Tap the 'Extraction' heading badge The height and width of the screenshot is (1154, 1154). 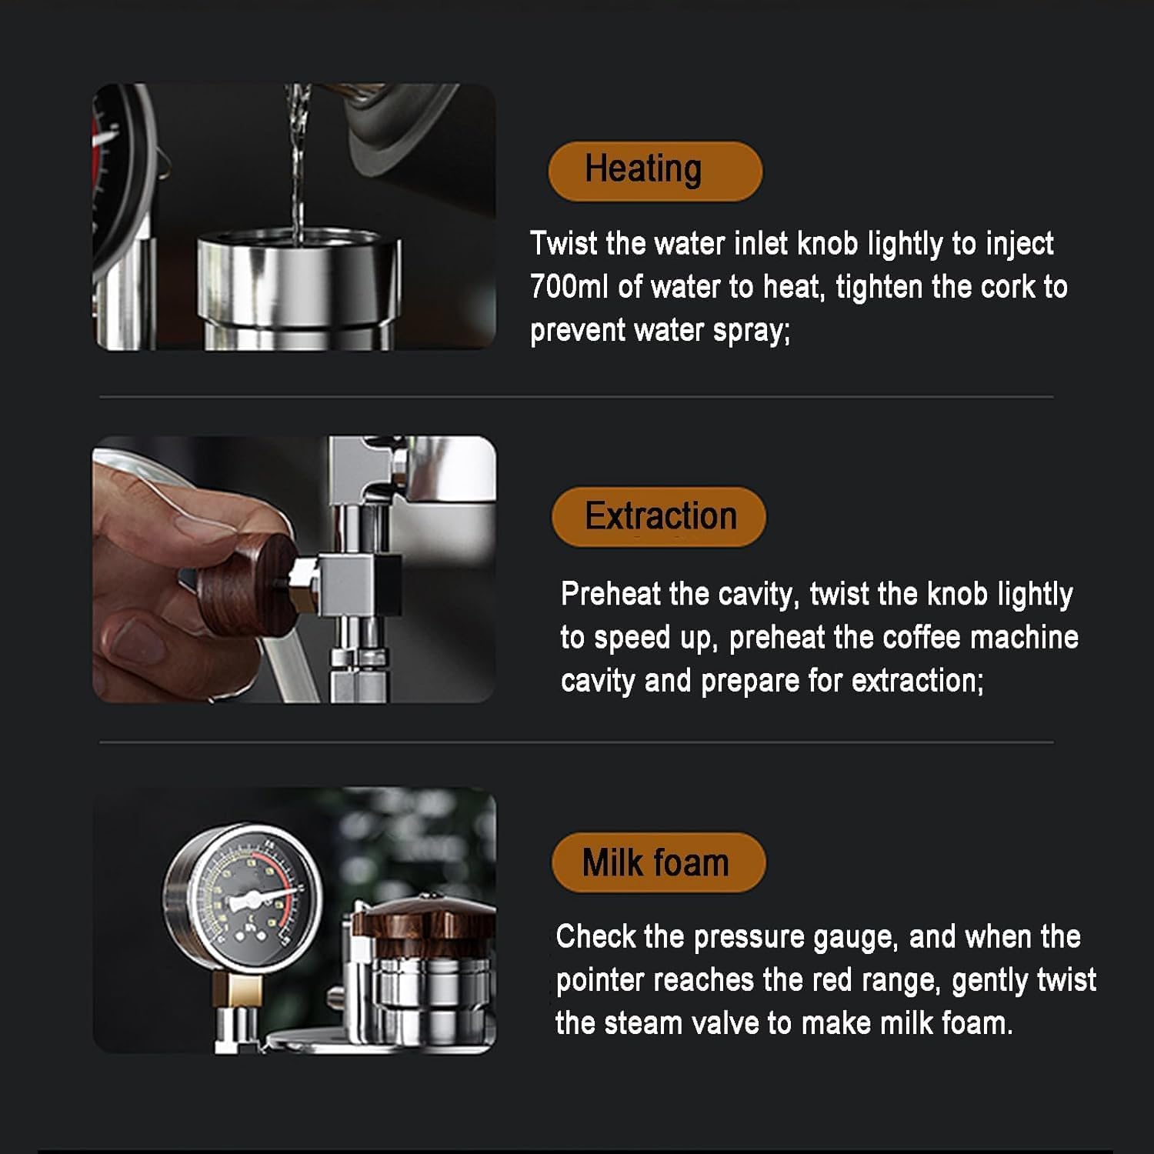tap(659, 517)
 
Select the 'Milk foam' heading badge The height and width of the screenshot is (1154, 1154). tap(659, 862)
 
